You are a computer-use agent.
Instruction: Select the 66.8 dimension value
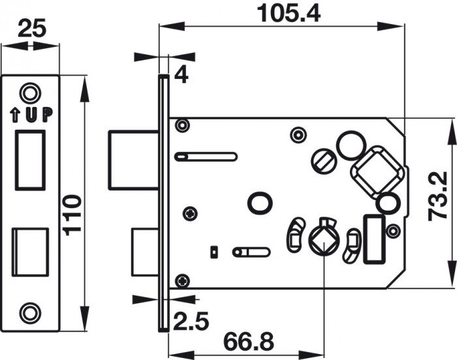(x=244, y=341)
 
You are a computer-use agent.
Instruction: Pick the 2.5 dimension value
(x=189, y=321)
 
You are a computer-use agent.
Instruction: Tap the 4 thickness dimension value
(x=181, y=75)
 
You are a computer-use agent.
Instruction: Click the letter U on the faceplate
(x=32, y=115)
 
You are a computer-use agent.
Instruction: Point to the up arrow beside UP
(x=16, y=115)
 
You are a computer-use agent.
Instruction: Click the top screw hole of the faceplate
(x=29, y=92)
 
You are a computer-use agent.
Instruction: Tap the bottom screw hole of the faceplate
(x=29, y=312)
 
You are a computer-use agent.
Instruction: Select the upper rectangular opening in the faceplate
(x=30, y=159)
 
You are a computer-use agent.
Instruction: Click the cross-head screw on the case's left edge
(x=190, y=212)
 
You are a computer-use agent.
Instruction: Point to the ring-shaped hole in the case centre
(x=259, y=203)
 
